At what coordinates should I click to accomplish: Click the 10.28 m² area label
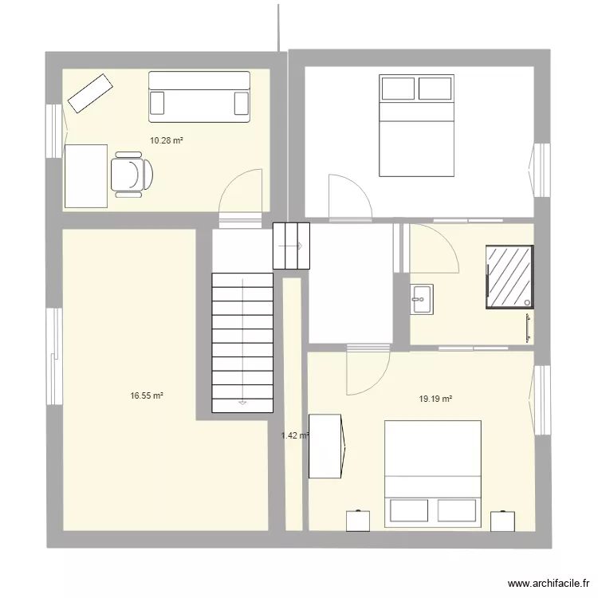click(167, 140)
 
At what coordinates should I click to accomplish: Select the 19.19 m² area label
click(435, 399)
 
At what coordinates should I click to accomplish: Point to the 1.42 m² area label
click(294, 435)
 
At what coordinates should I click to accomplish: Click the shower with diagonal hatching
click(509, 276)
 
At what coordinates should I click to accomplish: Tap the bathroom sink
click(422, 298)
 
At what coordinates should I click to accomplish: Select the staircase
click(242, 342)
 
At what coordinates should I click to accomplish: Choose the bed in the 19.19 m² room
click(433, 475)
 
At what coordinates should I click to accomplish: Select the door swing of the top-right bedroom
click(348, 195)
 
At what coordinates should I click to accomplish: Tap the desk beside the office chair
click(85, 175)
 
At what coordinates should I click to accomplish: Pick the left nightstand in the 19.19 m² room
click(359, 520)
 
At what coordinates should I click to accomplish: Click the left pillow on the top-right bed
click(398, 88)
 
